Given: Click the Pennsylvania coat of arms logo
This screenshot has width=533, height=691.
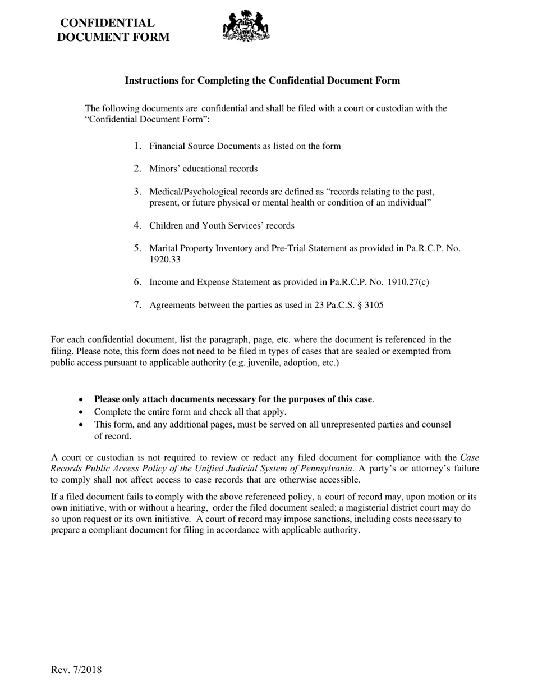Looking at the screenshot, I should coord(246,26).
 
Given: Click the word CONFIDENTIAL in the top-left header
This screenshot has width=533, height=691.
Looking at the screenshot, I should coord(107,23).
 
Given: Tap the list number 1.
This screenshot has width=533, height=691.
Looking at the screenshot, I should coord(137,146).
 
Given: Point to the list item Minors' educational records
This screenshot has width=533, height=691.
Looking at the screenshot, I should coord(203,169).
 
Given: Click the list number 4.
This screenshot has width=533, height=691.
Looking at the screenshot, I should coord(137,225).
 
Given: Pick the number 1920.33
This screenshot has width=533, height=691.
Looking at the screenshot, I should coord(165,260).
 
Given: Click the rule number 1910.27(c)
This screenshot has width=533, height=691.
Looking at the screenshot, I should coord(408,282).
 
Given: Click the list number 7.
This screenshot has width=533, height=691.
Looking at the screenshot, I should coord(137,305).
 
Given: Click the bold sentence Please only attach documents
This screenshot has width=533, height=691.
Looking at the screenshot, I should coord(233,399).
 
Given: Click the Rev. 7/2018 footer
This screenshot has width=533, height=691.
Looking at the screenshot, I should coord(76,669).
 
